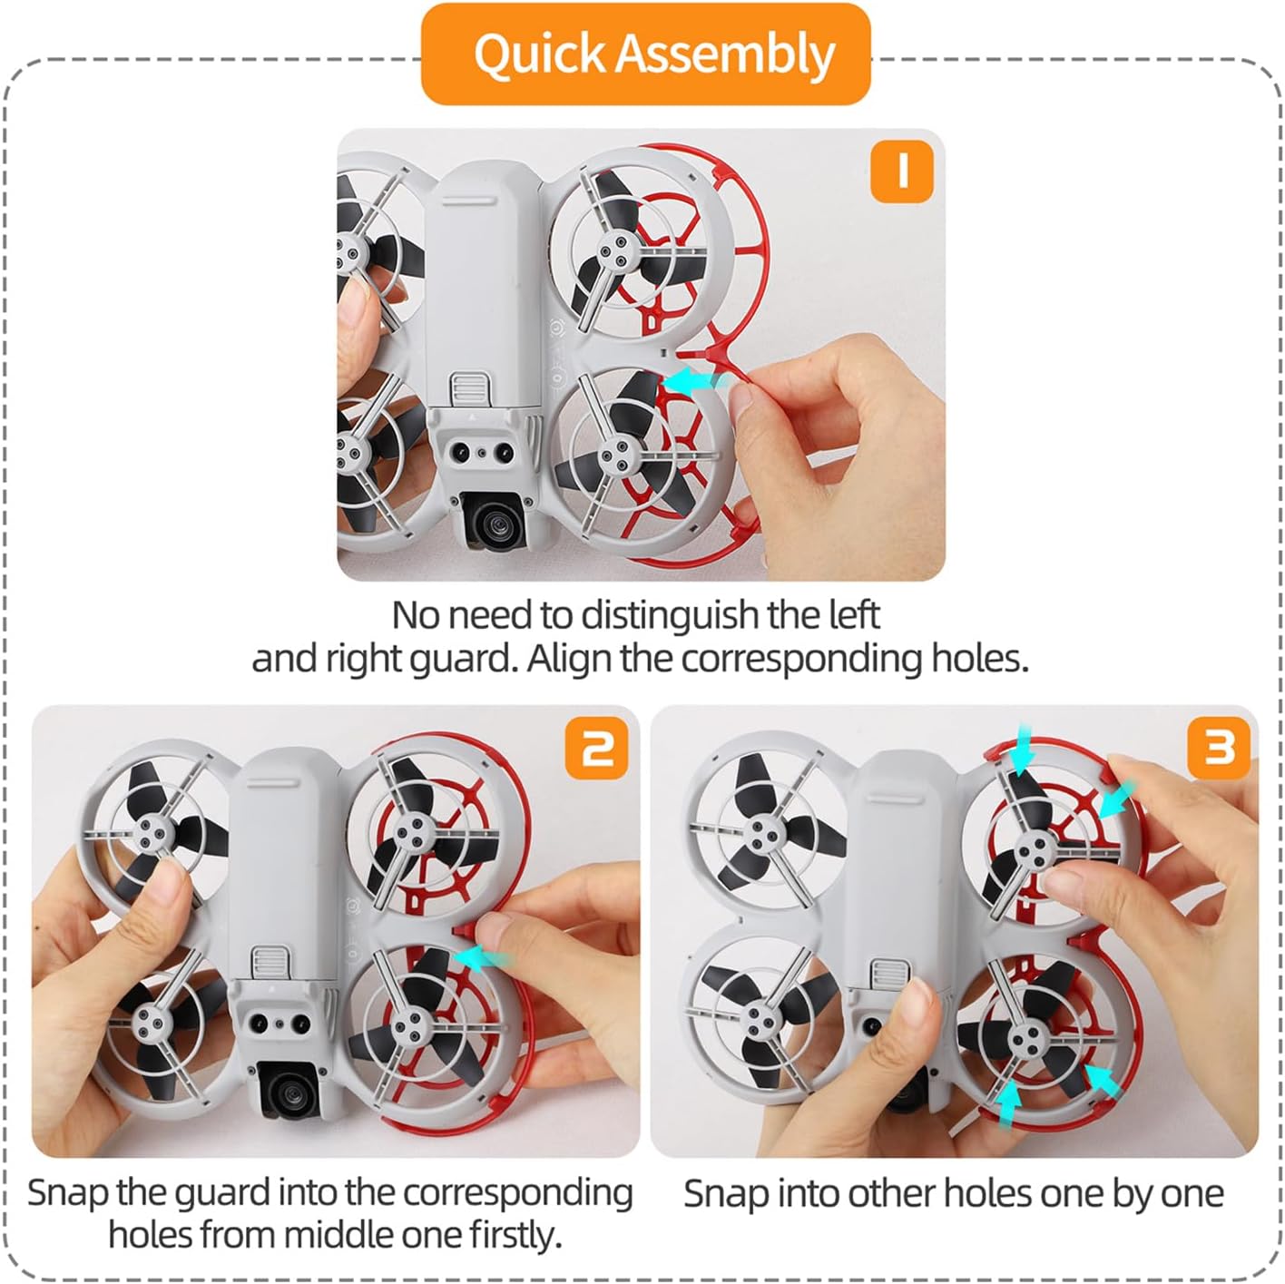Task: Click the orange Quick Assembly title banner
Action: [645, 54]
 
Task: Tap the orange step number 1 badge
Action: [901, 172]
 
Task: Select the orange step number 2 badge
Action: [596, 748]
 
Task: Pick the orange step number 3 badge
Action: [1219, 748]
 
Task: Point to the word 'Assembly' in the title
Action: [724, 54]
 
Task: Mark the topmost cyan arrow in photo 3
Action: [1022, 750]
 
